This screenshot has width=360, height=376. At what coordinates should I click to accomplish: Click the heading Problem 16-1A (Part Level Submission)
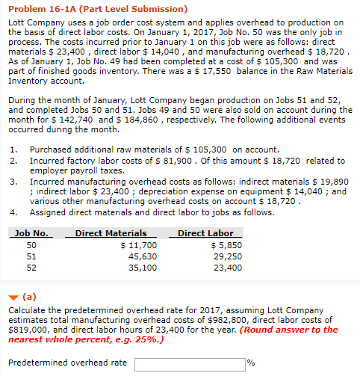pos(87,9)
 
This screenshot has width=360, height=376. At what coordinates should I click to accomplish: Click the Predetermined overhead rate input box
pos(190,364)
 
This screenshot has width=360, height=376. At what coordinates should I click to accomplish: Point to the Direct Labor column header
pos(205,234)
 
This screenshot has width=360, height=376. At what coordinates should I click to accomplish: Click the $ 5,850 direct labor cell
pos(226,245)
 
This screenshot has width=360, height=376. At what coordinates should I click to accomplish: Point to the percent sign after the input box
pos(251,364)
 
